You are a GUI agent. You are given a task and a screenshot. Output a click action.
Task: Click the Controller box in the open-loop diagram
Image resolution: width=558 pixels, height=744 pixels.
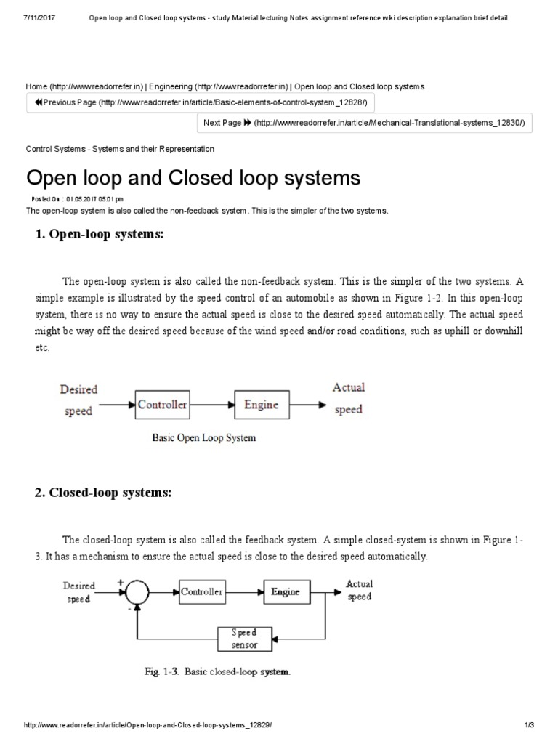pyautogui.click(x=162, y=405)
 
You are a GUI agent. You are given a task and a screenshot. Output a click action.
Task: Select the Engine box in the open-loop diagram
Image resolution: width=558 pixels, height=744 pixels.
pyautogui.click(x=261, y=405)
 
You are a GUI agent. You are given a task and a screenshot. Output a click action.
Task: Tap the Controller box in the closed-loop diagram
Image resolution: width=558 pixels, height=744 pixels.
pyautogui.click(x=202, y=591)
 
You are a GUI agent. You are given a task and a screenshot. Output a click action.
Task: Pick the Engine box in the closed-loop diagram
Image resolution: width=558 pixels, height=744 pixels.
pyautogui.click(x=285, y=591)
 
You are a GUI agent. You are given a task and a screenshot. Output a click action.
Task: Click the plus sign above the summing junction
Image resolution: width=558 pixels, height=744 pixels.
pyautogui.click(x=121, y=581)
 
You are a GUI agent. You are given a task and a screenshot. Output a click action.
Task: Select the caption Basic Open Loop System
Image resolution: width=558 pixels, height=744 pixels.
pyautogui.click(x=203, y=438)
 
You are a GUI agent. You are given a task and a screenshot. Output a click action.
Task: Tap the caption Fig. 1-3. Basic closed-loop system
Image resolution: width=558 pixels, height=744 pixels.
pyautogui.click(x=215, y=671)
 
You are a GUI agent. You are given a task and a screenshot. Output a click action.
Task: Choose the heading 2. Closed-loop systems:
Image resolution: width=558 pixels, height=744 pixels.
pyautogui.click(x=103, y=493)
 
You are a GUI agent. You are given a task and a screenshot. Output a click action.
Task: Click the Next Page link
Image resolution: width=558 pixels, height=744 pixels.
pyautogui.click(x=365, y=123)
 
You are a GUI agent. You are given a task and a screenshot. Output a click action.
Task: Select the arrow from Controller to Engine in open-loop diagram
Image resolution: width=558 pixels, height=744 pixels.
pyautogui.click(x=211, y=405)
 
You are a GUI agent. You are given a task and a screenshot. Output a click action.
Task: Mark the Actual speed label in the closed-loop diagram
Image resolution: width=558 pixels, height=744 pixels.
pyautogui.click(x=359, y=590)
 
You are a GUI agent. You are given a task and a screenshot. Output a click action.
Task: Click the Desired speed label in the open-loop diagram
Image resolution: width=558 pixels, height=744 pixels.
pyautogui.click(x=78, y=400)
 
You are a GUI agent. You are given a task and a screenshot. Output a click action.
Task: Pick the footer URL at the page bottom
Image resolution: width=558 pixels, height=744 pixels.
pyautogui.click(x=148, y=725)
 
